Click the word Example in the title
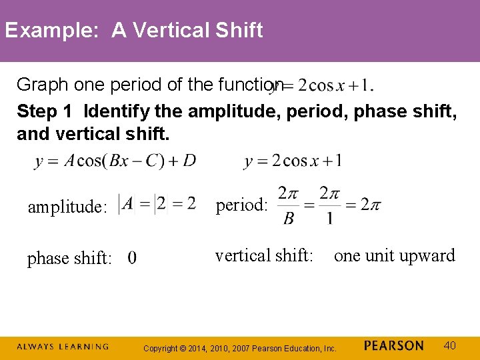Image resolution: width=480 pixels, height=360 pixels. [x=51, y=31]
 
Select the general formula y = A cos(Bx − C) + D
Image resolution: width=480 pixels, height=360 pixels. [x=115, y=162]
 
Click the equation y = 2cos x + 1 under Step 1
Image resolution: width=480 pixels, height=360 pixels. [x=293, y=161]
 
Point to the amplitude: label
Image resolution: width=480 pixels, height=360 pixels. [x=67, y=207]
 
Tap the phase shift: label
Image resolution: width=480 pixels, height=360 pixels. [x=69, y=259]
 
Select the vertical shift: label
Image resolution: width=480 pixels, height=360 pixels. [x=264, y=255]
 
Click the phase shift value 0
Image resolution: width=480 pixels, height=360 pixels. [x=132, y=258]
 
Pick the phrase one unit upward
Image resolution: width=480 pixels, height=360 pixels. [x=395, y=255]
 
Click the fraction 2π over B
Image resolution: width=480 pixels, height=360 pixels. [x=287, y=206]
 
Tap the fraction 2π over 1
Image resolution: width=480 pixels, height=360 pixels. [x=329, y=206]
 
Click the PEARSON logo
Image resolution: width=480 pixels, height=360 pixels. [x=394, y=346]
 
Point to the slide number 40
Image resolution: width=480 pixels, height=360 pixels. [x=450, y=345]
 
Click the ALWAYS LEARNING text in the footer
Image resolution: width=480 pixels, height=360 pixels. [x=63, y=347]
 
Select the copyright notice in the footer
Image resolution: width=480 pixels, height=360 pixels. [x=241, y=348]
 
